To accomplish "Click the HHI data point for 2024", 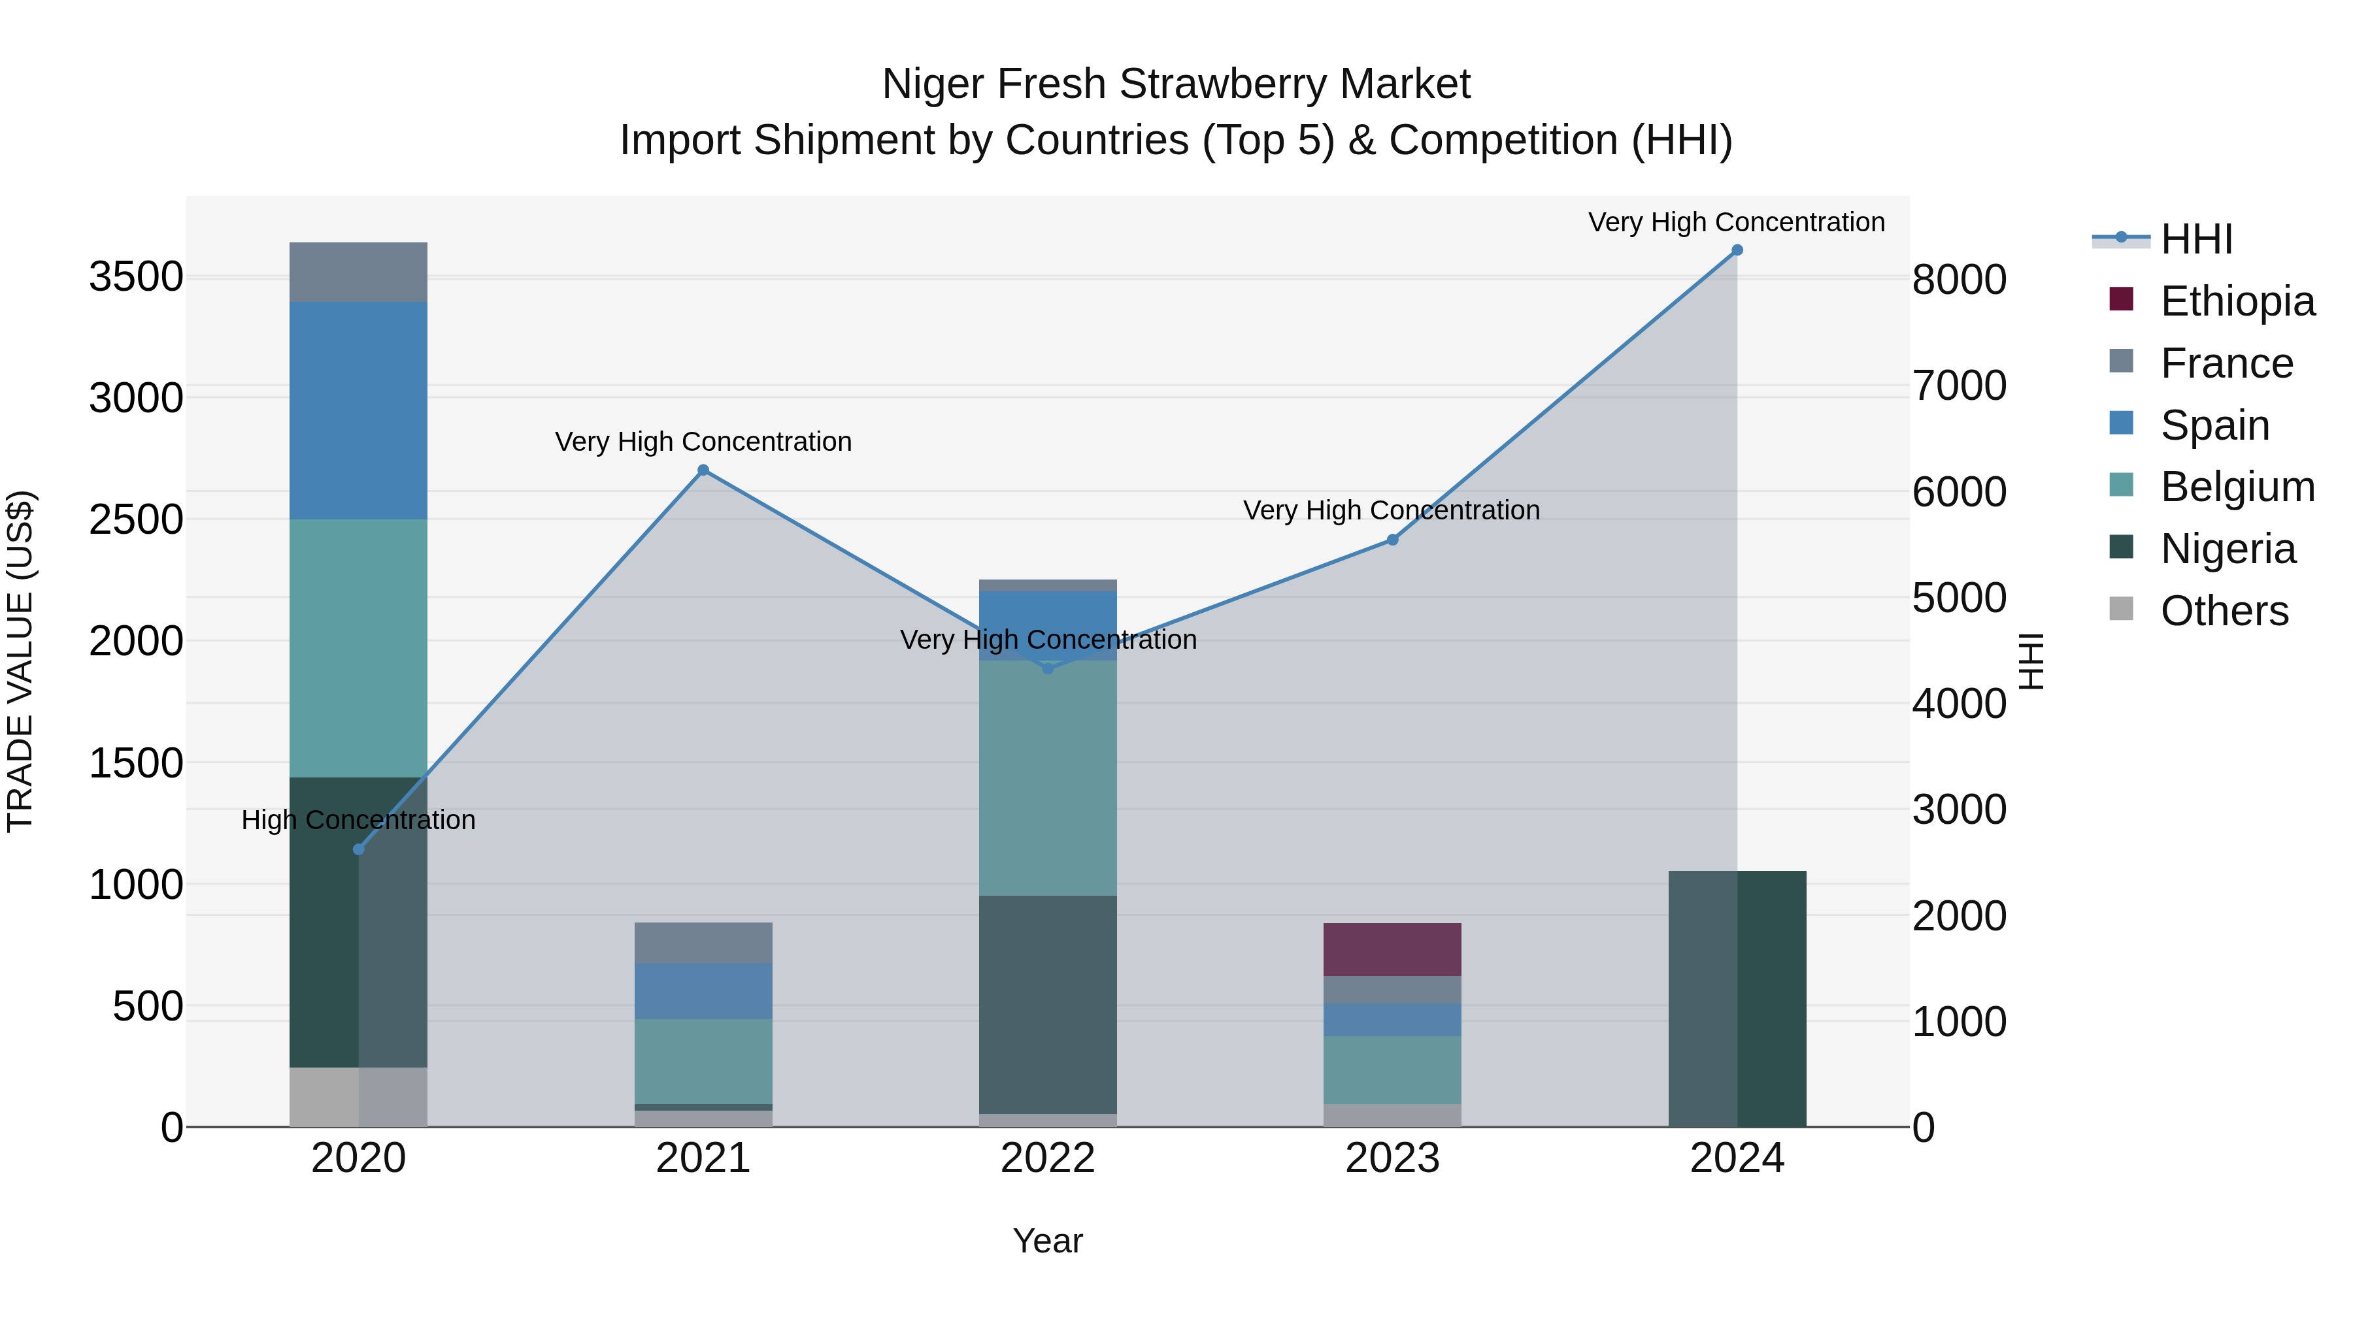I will tap(1737, 250).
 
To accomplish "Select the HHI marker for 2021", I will tap(703, 470).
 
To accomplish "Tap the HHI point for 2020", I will tap(358, 849).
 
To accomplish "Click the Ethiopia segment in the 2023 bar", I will tap(1392, 949).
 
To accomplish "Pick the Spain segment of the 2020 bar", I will tap(358, 411).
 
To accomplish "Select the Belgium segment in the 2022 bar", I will tap(1048, 777).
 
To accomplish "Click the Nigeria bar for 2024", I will tap(1737, 999).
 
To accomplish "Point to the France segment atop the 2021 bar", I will tap(703, 942).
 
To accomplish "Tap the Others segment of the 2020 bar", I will tap(358, 1096).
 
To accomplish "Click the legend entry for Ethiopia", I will tap(2237, 301).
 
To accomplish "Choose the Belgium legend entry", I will tap(2237, 487).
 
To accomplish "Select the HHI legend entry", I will tap(2196, 239).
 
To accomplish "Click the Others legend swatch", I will tap(2121, 609).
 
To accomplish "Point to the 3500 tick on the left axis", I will tap(136, 276).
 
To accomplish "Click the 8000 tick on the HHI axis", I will tap(1960, 280).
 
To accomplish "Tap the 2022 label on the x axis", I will tap(1048, 1158).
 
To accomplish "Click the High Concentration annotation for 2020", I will tap(358, 820).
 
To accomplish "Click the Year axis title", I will tap(1048, 1241).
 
